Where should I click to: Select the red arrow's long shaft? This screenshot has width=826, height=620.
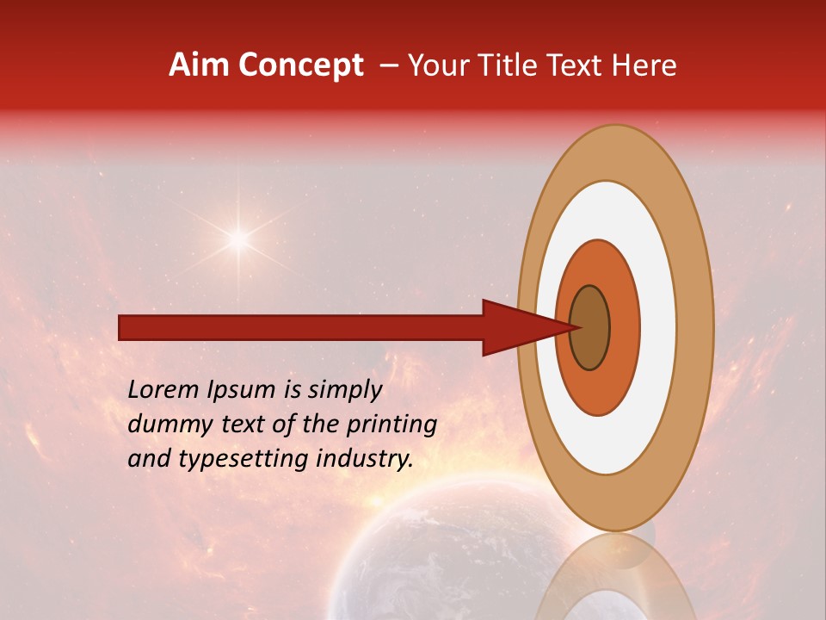(x=301, y=327)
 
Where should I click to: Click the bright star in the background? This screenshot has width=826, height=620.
(x=238, y=239)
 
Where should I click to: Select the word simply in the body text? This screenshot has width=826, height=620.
(x=344, y=390)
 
